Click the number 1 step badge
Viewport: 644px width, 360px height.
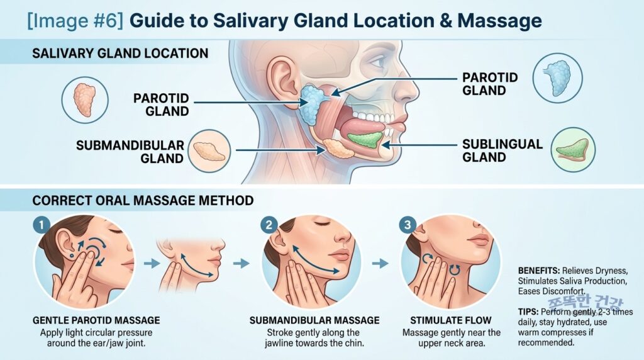click(42, 225)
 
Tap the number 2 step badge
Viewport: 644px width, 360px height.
click(269, 225)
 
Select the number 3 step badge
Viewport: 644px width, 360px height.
click(408, 225)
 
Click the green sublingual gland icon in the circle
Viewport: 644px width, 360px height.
click(573, 150)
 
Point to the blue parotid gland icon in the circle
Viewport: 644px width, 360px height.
click(557, 77)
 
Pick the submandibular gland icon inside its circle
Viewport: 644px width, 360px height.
click(209, 151)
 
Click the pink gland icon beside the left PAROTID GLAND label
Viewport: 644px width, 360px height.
click(85, 100)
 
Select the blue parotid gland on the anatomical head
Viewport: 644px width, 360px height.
click(313, 104)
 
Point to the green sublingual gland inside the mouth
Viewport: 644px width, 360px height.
click(365, 140)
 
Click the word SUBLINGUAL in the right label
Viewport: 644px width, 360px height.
click(502, 144)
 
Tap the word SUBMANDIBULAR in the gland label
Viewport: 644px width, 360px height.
click(130, 145)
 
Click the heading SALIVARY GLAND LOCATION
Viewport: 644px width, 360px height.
click(120, 53)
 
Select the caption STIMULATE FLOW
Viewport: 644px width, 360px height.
click(451, 320)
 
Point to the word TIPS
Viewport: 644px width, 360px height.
click(528, 312)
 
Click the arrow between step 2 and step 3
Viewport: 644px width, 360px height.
click(380, 263)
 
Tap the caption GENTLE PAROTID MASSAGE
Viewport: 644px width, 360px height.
click(96, 320)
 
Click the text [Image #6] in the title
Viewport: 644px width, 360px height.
click(75, 21)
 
